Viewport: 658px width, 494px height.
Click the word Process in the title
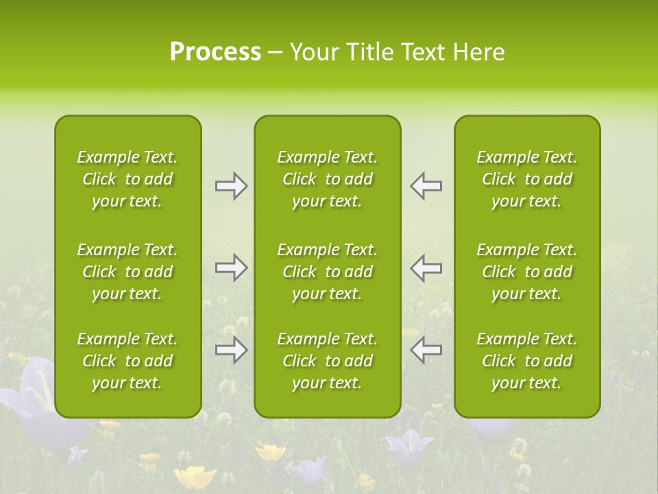coord(215,52)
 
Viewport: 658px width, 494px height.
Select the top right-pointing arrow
coord(231,186)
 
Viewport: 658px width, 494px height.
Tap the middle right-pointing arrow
coord(231,268)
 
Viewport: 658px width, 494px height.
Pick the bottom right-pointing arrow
coord(231,350)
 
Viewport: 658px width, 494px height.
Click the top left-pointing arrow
coord(426,186)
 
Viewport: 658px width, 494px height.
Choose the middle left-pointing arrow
coord(426,268)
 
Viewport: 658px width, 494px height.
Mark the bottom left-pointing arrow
coord(426,350)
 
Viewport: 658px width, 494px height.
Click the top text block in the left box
coord(127,179)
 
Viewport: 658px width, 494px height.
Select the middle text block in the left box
coord(127,272)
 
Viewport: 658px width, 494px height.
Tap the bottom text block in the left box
coord(127,361)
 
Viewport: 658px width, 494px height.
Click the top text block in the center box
coord(327,179)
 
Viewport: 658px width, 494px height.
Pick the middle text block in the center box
coord(327,272)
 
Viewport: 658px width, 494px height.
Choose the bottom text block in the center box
coord(327,361)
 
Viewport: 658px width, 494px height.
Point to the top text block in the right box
coord(526,179)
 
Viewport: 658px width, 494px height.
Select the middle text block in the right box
coord(526,272)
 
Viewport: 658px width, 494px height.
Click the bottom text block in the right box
coord(526,361)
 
